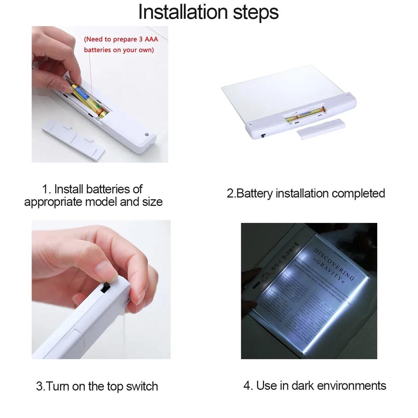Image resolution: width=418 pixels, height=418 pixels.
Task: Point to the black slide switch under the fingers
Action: (x=105, y=289)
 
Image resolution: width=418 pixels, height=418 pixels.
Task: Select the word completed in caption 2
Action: (x=358, y=193)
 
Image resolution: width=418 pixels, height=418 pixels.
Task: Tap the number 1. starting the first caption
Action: (x=47, y=189)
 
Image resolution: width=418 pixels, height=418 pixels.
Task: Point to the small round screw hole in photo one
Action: (x=146, y=134)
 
